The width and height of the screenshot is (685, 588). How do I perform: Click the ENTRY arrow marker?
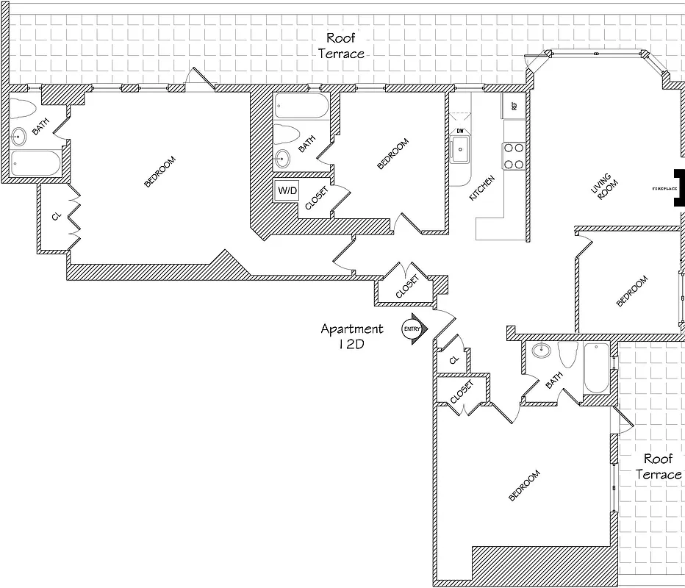pos(413,330)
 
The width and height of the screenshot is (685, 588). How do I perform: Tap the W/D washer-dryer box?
pos(287,191)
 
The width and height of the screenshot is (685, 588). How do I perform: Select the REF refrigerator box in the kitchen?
pos(513,106)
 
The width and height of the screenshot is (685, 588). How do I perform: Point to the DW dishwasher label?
pos(460,131)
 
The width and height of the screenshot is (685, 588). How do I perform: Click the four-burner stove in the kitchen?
pos(513,156)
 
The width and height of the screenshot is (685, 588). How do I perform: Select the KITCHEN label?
pos(482,189)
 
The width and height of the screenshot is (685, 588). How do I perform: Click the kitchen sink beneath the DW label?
pos(461,152)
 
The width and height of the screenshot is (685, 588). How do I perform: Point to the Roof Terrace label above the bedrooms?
pos(345,46)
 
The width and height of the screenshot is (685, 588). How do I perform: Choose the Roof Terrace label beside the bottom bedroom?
pos(658,467)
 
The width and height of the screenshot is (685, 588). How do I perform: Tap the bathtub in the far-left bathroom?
pos(36,163)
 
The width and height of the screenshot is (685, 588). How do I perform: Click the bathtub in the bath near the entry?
pos(596,367)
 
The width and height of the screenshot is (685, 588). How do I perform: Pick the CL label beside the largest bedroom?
pos(56,218)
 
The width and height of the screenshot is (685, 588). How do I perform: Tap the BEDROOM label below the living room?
pos(632,291)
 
